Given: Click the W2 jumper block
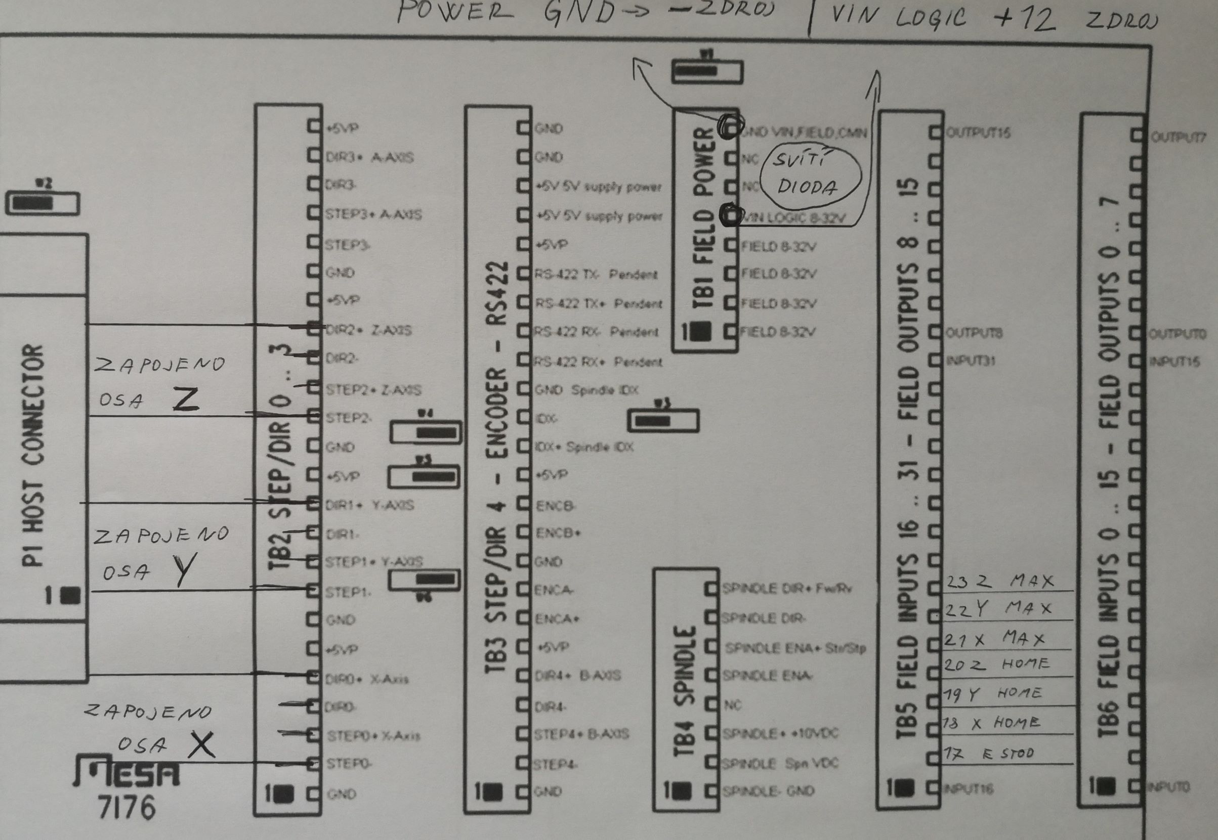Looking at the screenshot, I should (42, 203).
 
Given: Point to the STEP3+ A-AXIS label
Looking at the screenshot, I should (373, 215).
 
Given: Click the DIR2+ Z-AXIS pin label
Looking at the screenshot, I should (368, 331).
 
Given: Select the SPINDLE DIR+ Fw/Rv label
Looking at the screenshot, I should (787, 589).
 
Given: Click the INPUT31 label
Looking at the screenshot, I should (971, 361).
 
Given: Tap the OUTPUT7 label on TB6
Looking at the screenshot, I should (1178, 138).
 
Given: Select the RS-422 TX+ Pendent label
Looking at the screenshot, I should (598, 303).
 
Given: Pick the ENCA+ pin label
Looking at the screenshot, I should (557, 619).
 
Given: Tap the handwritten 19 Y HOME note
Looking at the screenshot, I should (992, 694).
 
